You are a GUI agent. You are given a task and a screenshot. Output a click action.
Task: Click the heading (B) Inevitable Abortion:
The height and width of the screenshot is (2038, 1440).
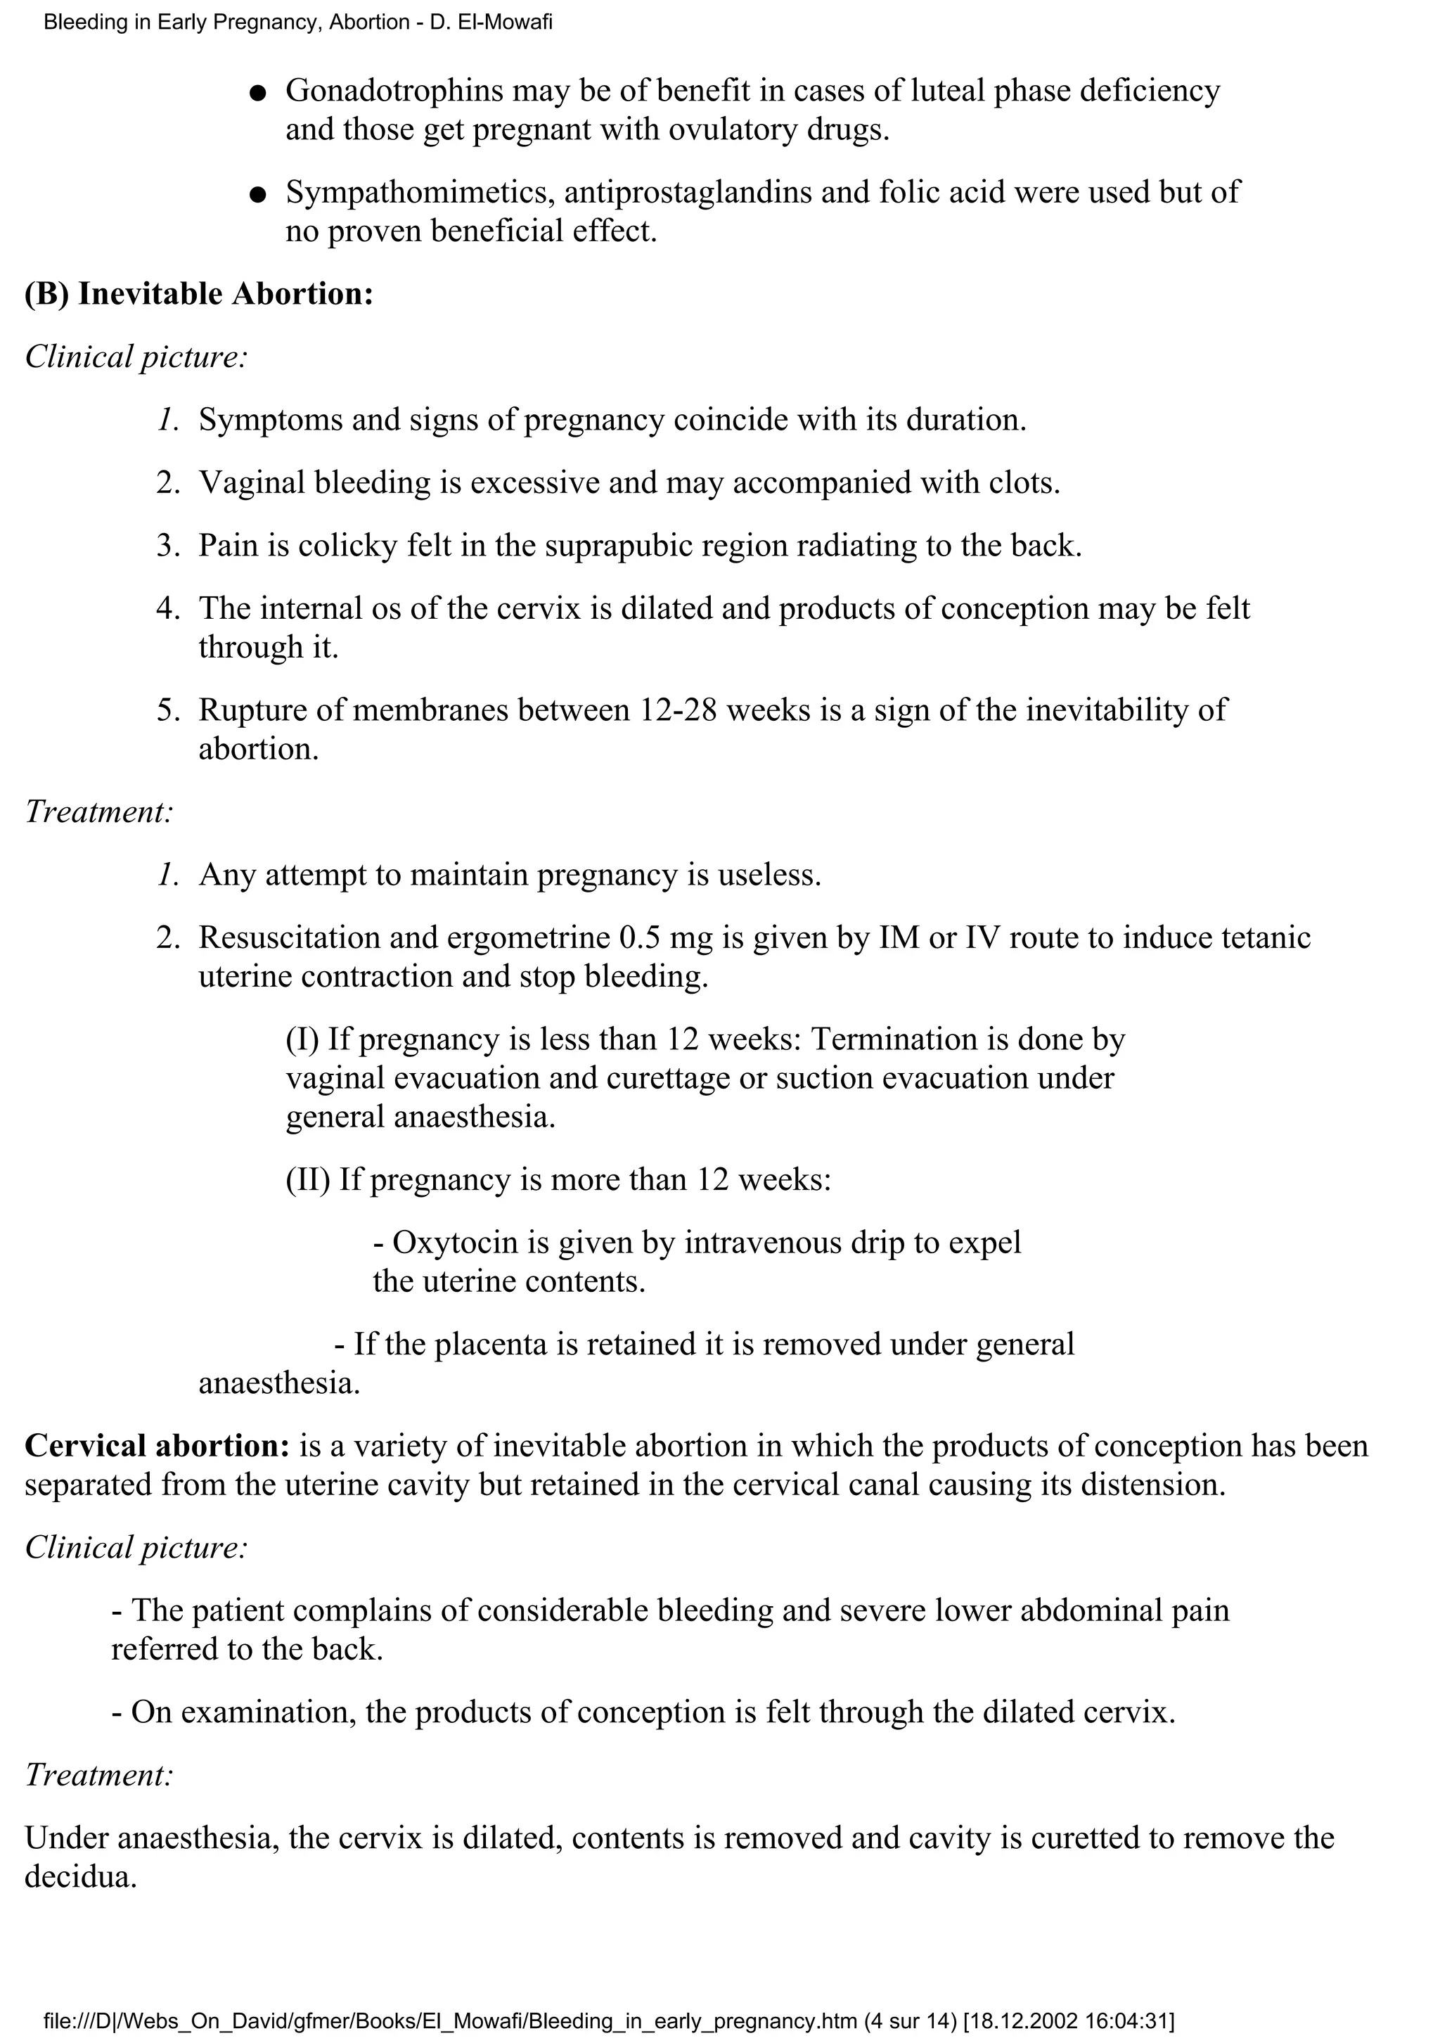199,294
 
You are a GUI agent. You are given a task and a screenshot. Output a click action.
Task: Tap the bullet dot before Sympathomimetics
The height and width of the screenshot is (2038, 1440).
257,194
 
